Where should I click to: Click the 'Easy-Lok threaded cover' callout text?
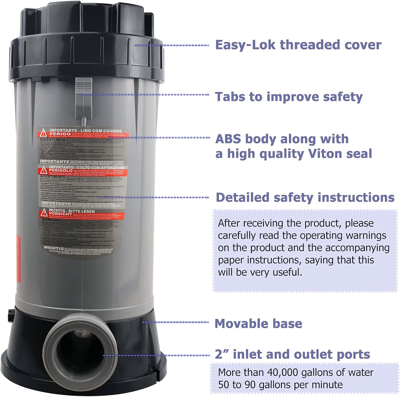298,45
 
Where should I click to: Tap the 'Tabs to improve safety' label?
289,96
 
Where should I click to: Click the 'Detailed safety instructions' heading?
305,197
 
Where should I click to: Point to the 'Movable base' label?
258,323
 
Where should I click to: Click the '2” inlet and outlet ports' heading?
292,354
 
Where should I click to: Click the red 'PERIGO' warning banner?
60,134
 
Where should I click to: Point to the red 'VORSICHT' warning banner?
60,214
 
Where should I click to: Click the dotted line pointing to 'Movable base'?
176,322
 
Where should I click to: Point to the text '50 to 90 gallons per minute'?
280,384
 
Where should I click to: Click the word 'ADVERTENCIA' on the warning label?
53,140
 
